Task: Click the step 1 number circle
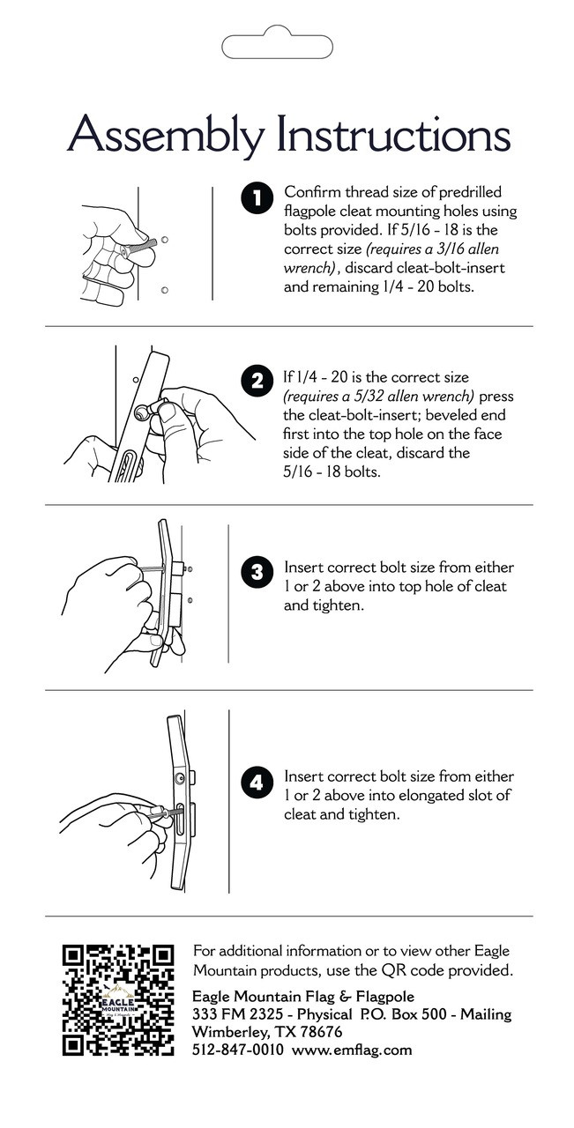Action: click(257, 198)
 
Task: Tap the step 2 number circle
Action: click(257, 382)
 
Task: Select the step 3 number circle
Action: click(257, 572)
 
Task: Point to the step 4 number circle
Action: click(257, 783)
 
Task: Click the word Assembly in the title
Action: click(167, 135)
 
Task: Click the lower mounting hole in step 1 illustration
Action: click(164, 290)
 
